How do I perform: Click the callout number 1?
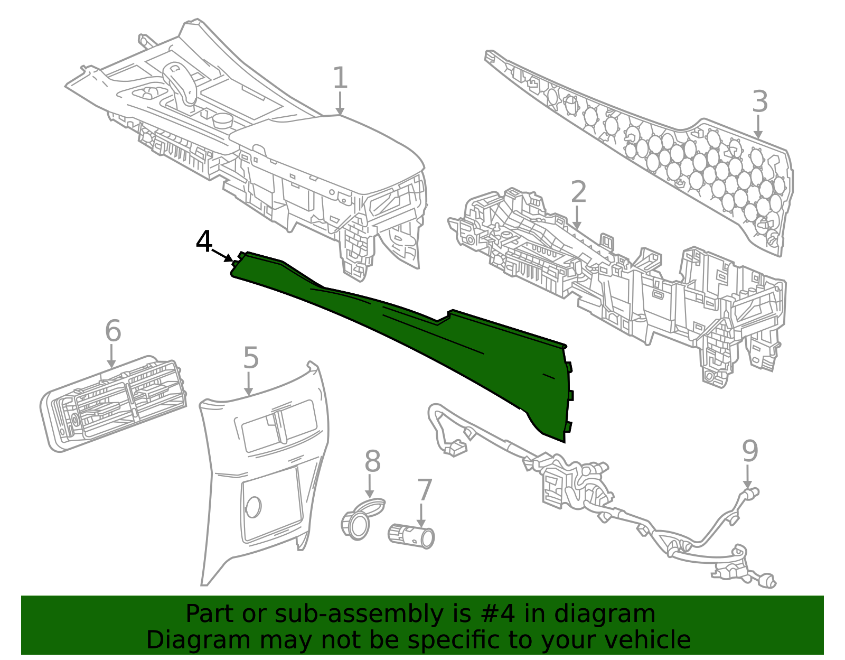(340, 78)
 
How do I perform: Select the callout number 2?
(578, 192)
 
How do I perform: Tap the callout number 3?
(759, 101)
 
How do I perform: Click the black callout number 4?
(204, 242)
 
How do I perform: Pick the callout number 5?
(251, 358)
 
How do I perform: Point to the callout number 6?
(112, 331)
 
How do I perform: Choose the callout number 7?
(425, 490)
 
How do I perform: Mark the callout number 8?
(372, 462)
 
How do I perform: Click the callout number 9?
(750, 451)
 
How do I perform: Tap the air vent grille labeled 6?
(114, 404)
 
